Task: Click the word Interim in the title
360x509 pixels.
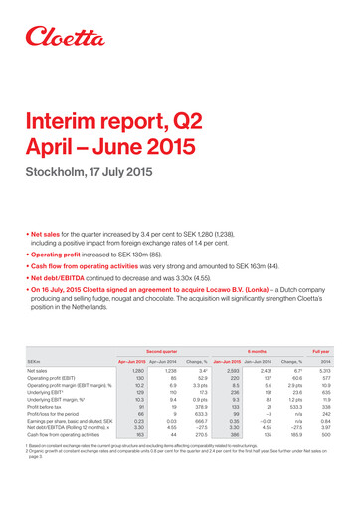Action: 62,122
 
